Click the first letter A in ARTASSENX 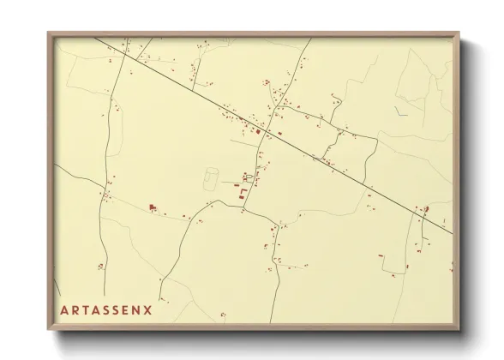coord(64,309)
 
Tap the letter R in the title coord(75,309)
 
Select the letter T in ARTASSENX coord(87,309)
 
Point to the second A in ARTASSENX coord(98,309)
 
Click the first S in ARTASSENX coord(109,309)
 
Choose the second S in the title coord(119,309)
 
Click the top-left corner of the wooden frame coord(48,33)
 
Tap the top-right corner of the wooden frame coord(460,33)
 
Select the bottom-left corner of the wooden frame coord(48,330)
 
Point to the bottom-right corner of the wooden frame coord(460,330)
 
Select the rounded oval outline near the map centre coord(211,179)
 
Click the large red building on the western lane coord(153,207)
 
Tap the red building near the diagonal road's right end coord(426,208)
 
